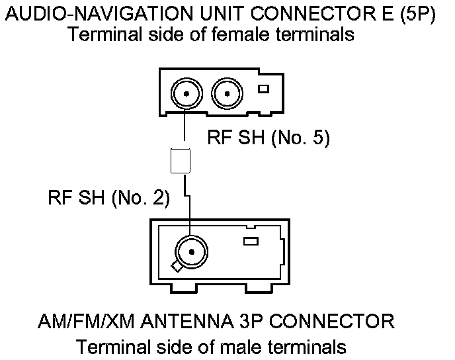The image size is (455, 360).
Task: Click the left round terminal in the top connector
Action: [187, 93]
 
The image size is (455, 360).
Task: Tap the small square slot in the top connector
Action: [263, 89]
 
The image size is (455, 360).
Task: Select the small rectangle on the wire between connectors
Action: [181, 161]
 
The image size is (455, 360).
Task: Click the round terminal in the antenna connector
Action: [191, 251]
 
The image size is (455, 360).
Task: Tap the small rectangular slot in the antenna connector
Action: [251, 242]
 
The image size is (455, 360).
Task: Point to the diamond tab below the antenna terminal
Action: [177, 266]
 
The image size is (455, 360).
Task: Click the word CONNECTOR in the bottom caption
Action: [337, 324]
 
